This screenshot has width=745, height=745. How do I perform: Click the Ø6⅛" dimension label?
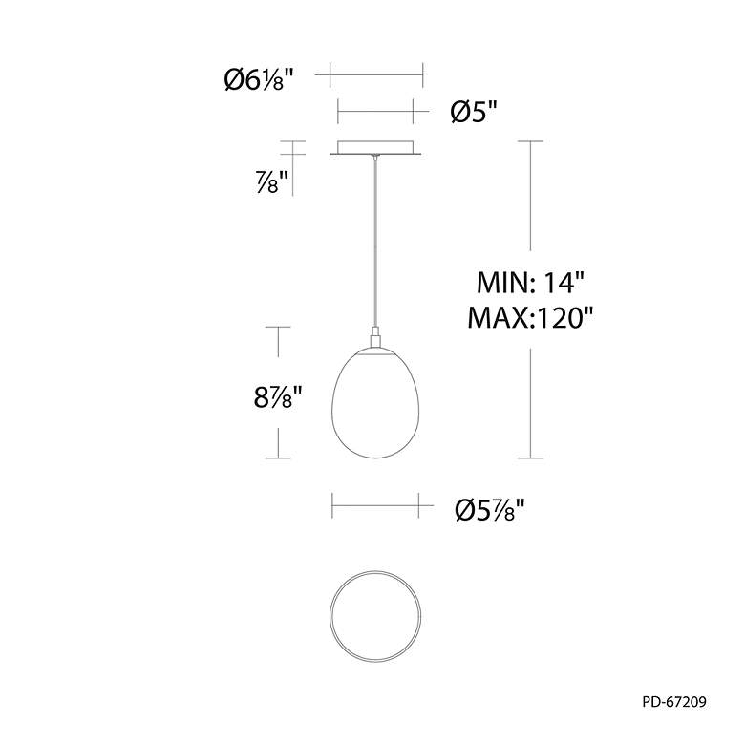[259, 79]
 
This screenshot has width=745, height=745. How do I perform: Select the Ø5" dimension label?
[473, 113]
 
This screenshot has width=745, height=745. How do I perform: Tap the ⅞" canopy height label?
[272, 181]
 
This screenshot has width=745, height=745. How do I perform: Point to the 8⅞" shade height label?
[278, 397]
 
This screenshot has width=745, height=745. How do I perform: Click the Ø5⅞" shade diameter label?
[489, 510]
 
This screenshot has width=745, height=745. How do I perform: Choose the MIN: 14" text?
[530, 283]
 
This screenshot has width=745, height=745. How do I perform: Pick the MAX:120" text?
[530, 318]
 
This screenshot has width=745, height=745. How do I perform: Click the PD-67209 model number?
[674, 702]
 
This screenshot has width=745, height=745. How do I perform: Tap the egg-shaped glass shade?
[375, 404]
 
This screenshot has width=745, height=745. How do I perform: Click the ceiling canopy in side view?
[375, 147]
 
